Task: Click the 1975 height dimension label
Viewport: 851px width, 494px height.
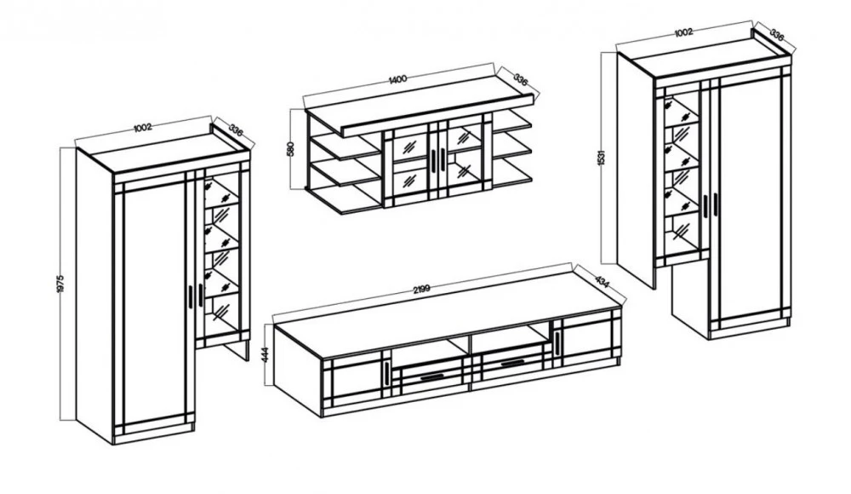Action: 60,284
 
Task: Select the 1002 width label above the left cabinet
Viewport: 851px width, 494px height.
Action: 142,128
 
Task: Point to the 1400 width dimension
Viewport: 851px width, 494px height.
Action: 397,79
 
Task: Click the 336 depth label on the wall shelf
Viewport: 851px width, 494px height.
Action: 520,80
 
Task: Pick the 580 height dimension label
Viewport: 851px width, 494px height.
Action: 290,149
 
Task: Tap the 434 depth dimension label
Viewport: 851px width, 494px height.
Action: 602,281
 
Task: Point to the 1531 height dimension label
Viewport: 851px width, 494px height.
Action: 600,157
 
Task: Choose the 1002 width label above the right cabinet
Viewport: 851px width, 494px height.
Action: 683,32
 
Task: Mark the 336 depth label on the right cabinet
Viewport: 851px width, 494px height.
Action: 778,35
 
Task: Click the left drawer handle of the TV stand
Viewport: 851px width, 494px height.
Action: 431,376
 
